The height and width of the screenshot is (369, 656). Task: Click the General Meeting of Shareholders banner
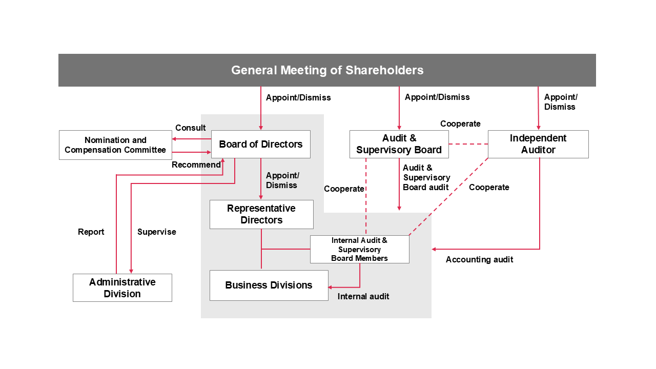coord(327,70)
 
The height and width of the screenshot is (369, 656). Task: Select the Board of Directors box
coord(261,144)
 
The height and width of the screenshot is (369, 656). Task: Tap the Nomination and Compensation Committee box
coord(115,145)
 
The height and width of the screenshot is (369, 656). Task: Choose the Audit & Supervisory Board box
coord(399,144)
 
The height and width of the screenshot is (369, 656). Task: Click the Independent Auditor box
coord(538,144)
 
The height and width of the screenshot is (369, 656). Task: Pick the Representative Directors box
coord(261,214)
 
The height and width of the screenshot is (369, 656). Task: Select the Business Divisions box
coord(269,285)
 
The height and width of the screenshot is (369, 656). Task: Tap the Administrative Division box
coord(122,288)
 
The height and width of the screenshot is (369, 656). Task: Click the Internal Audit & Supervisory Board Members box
coord(359,249)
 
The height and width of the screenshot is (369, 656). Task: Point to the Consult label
coord(190,128)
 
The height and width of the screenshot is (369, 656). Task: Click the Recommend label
coord(196,165)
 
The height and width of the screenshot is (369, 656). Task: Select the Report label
coord(91,232)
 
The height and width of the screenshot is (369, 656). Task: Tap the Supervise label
coord(156,232)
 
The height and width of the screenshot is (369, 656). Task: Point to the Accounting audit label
coord(479,259)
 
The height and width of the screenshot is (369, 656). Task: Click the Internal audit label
coord(363,296)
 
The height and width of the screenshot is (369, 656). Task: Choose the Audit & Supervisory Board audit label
coord(426,177)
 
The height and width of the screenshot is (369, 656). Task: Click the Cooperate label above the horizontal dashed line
coord(460,124)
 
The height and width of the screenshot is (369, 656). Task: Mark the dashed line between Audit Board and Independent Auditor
coord(468,144)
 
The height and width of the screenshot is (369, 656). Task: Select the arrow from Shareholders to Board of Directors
coord(261,108)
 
